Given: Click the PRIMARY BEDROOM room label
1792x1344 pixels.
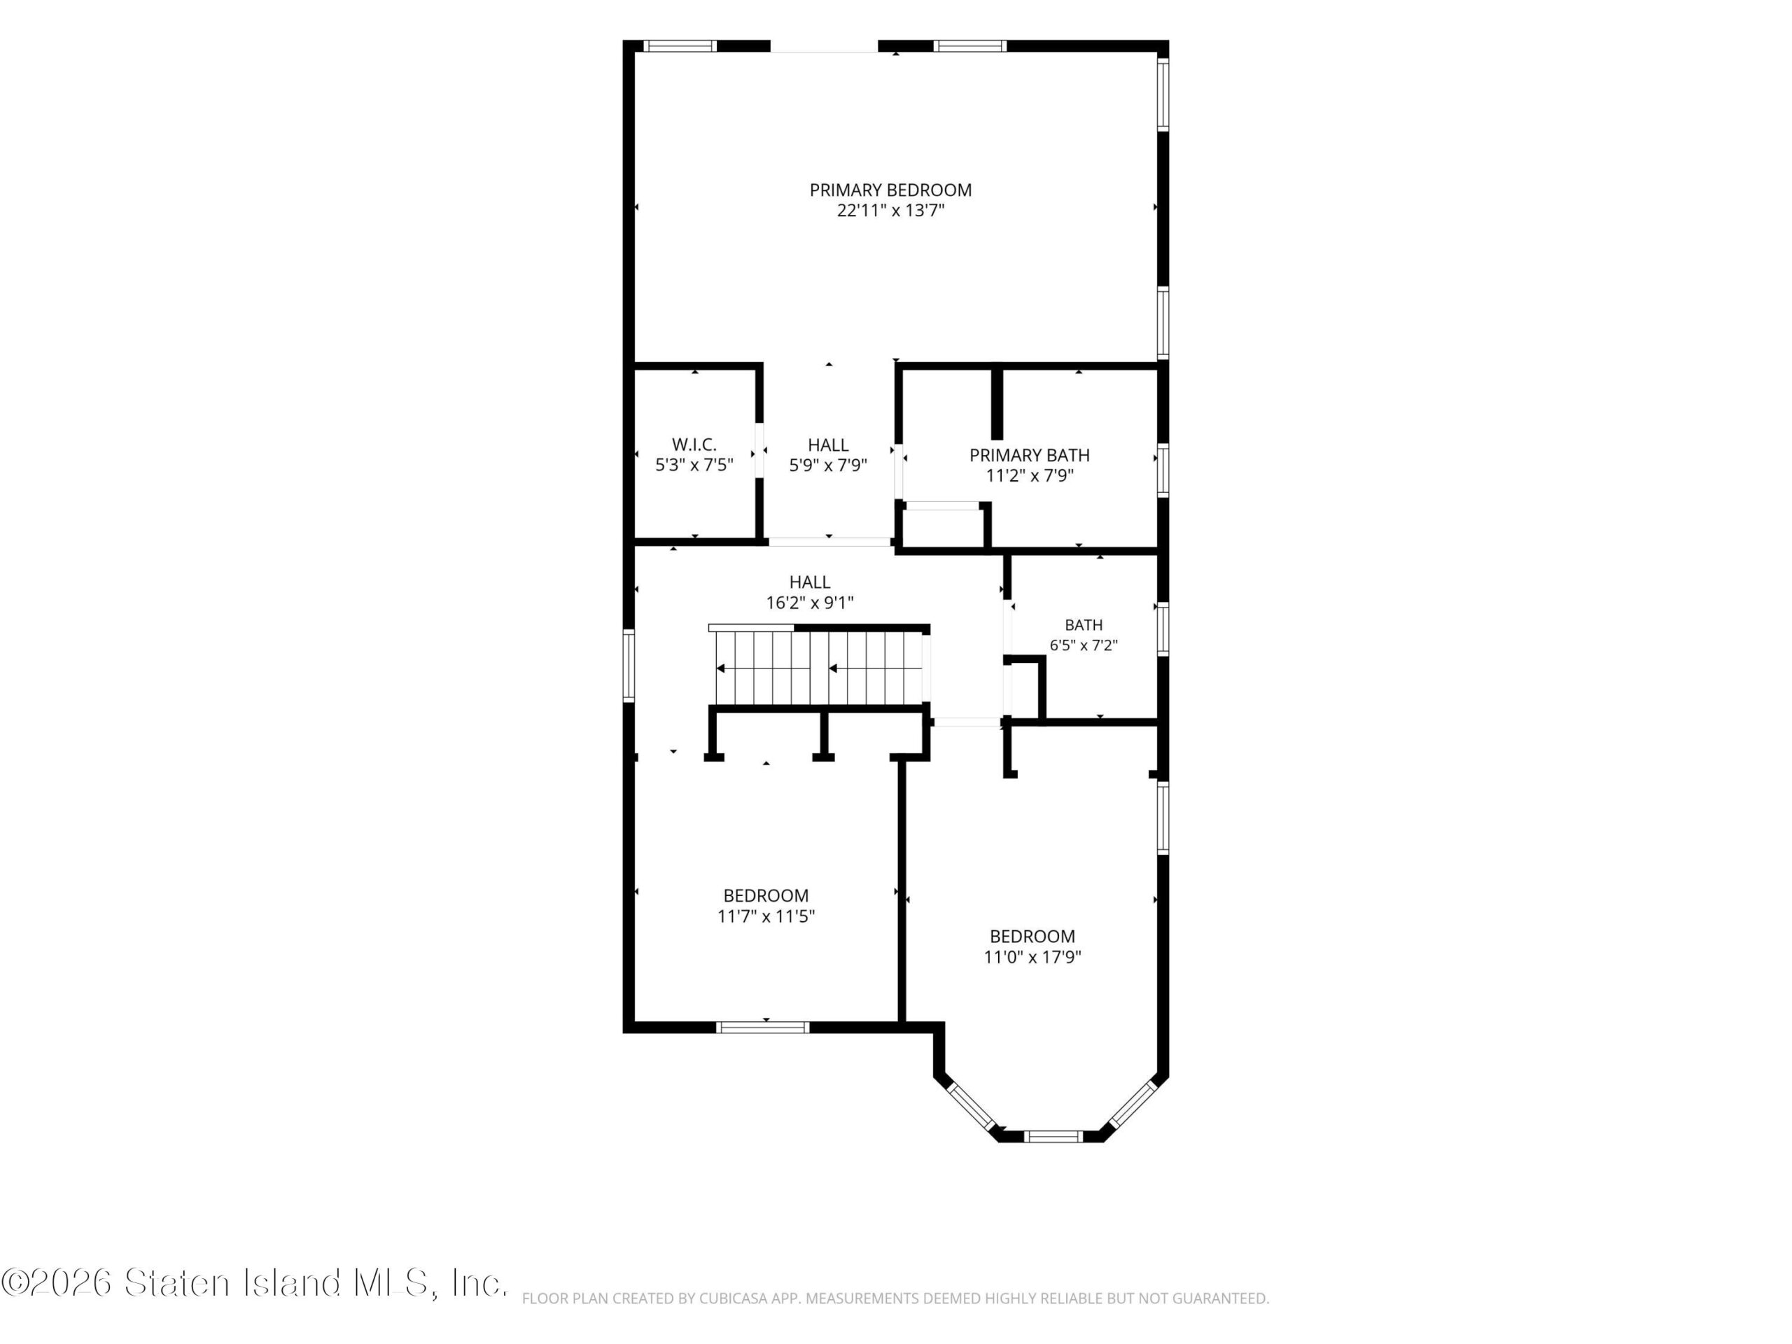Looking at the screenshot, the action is click(x=890, y=190).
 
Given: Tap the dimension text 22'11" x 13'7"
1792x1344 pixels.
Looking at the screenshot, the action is click(x=890, y=211).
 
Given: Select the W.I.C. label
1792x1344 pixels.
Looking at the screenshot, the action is click(x=694, y=444).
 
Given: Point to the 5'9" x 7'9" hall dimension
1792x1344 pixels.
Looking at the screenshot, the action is click(x=828, y=465).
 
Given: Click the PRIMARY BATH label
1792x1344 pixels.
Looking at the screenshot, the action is click(x=1030, y=455).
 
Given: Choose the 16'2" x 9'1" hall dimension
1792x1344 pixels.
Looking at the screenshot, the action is click(x=809, y=603).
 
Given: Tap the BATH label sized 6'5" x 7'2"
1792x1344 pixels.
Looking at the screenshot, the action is click(x=1084, y=624).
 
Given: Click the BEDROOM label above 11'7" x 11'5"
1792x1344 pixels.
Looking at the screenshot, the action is click(x=766, y=895).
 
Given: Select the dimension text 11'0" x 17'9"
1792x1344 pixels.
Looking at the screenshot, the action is click(x=1032, y=957).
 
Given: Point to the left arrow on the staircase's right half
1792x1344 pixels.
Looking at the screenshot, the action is click(x=876, y=668).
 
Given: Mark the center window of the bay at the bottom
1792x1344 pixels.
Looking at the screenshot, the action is click(x=1052, y=1137).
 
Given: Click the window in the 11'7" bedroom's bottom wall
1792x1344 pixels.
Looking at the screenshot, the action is click(x=763, y=1027).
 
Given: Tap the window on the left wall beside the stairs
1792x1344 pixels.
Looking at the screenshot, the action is click(x=628, y=664).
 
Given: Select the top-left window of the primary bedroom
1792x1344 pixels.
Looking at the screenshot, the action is click(x=680, y=45).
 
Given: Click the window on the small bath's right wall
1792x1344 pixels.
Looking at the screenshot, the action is click(x=1163, y=629).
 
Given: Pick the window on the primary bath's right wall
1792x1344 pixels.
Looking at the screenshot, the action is click(x=1163, y=470).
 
